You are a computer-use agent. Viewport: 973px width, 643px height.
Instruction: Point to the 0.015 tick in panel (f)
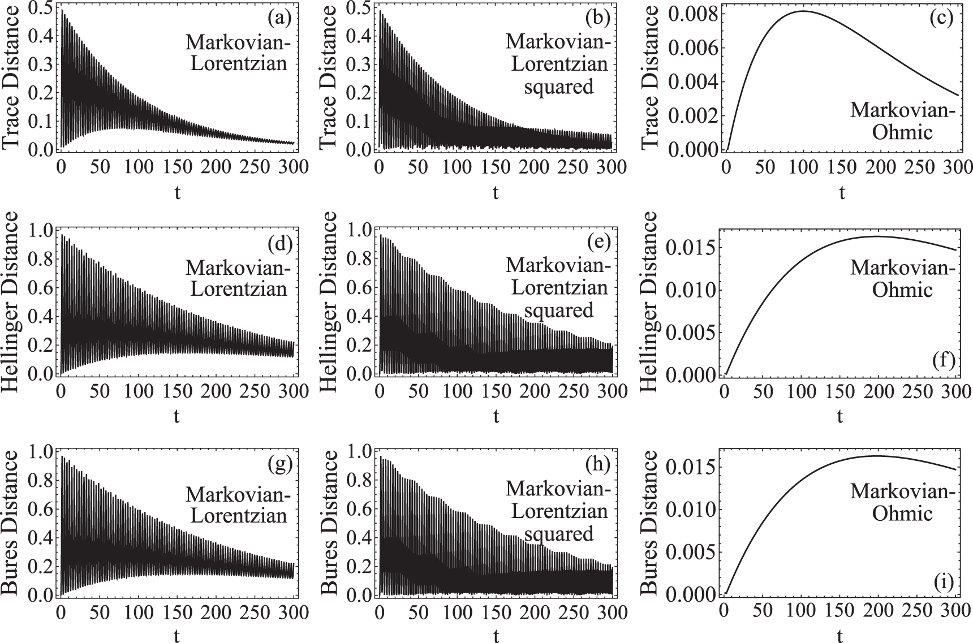pyautogui.click(x=693, y=248)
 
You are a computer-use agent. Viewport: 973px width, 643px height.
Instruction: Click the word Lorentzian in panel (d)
pyautogui.click(x=238, y=289)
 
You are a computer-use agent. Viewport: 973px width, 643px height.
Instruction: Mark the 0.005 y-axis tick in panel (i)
pyautogui.click(x=693, y=551)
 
